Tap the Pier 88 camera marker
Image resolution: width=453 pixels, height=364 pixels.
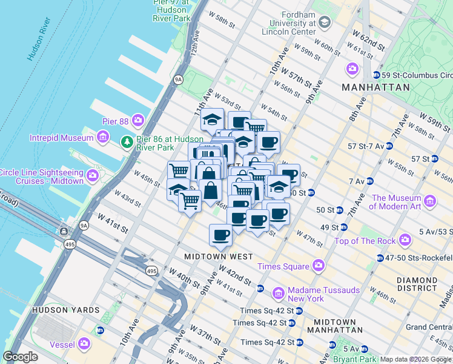tap(138, 121)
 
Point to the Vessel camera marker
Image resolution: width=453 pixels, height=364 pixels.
tap(84, 345)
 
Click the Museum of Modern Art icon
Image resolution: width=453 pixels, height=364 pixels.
tap(430, 201)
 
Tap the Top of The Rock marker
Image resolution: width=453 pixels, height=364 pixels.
tap(405, 241)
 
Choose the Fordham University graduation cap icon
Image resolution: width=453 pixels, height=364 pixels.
tap(324, 23)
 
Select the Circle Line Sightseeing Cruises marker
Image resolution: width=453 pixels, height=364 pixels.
tap(93, 176)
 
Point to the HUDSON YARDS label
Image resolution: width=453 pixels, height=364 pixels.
tap(65, 310)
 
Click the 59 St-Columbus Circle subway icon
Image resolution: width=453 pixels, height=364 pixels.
tap(377, 75)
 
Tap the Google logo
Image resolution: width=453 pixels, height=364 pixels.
tap(20, 356)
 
